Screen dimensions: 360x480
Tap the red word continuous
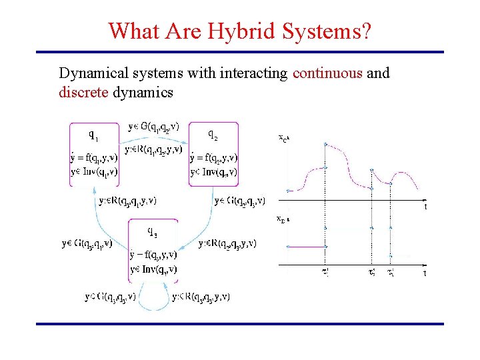point(328,73)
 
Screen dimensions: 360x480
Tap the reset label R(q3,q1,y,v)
point(127,199)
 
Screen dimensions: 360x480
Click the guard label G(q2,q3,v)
point(240,199)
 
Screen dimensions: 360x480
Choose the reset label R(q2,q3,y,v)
point(227,243)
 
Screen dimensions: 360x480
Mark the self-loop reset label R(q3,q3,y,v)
point(201,297)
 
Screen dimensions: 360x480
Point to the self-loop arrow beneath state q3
point(154,307)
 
